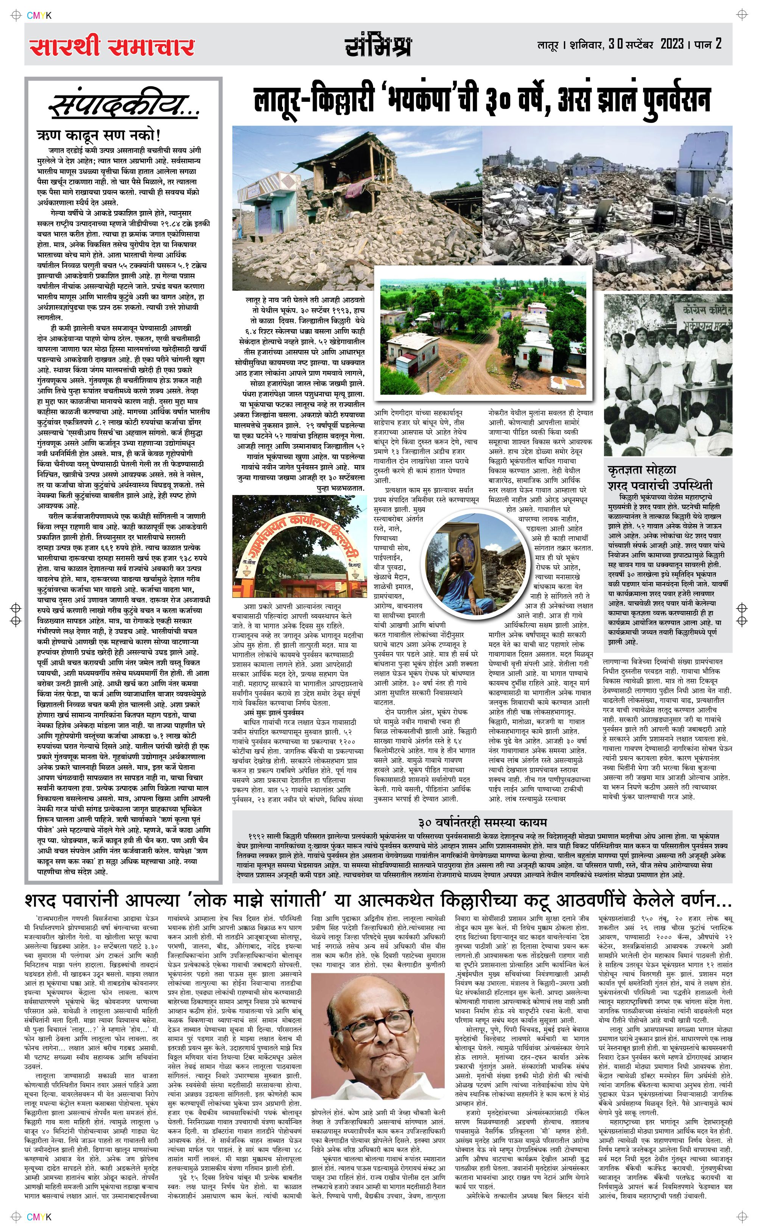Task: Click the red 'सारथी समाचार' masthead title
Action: pyautogui.click(x=112, y=48)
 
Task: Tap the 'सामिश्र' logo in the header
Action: pyautogui.click(x=378, y=46)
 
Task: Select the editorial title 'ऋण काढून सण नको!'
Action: pyautogui.click(x=99, y=135)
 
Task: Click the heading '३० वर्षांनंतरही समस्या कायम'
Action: pyautogui.click(x=482, y=822)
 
